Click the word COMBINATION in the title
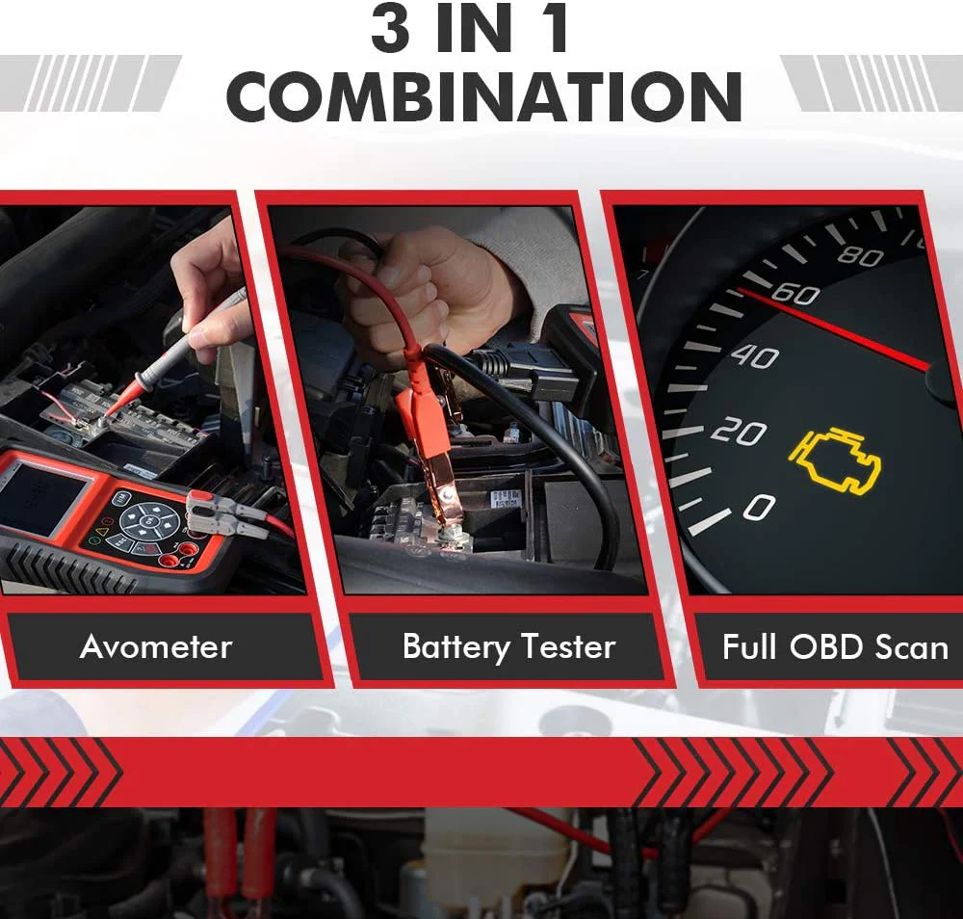coord(484,96)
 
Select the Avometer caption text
coord(156,646)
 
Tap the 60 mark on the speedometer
coord(795,294)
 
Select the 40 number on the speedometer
coord(755,356)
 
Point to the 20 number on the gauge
coord(739,433)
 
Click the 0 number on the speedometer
coord(759,508)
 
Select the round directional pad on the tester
coord(149,521)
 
